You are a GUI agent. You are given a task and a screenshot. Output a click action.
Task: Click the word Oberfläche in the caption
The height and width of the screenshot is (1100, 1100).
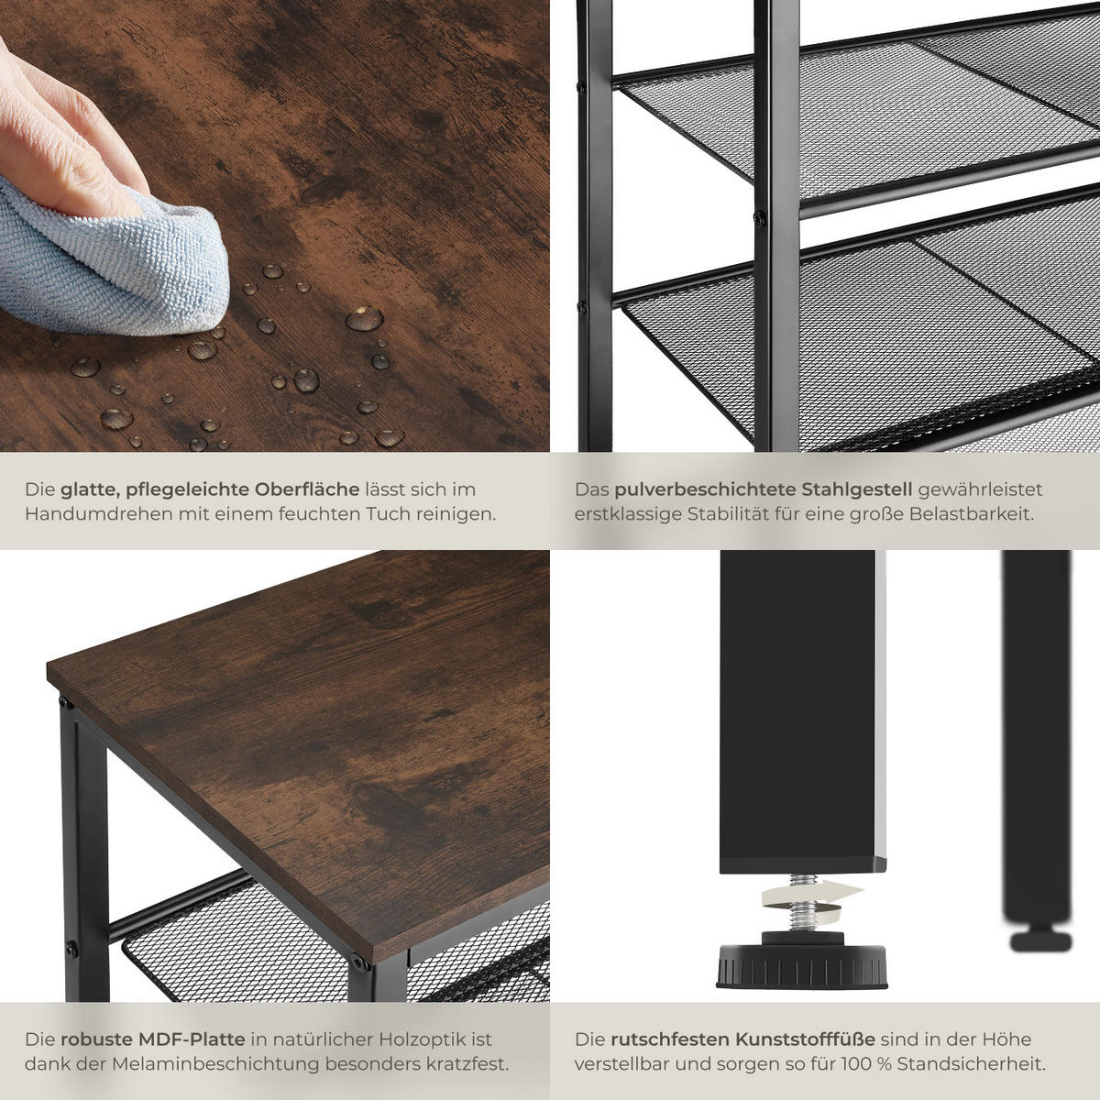click(307, 489)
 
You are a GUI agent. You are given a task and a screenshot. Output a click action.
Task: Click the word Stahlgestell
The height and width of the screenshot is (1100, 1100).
click(857, 489)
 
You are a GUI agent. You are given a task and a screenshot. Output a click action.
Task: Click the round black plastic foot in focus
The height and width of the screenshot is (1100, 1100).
click(802, 963)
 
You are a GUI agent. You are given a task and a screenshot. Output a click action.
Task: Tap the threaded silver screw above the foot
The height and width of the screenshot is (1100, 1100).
click(801, 908)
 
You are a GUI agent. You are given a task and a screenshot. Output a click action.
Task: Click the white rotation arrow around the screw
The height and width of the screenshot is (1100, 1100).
click(810, 895)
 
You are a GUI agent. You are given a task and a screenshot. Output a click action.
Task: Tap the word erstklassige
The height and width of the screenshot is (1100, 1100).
click(628, 513)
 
